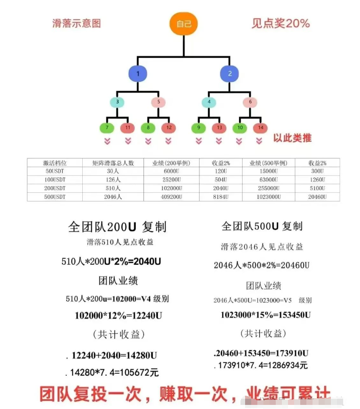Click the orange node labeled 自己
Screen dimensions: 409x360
coord(183,24)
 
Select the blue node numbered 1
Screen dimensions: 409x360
coord(137,74)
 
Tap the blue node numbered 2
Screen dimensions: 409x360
coord(230,74)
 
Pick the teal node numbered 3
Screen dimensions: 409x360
coord(117,102)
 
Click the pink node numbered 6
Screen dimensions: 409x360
coord(250,102)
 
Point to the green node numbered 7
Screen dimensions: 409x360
coord(107,127)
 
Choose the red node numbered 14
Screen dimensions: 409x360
coord(259,127)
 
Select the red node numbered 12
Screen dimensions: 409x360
coord(169,127)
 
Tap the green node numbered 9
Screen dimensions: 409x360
coord(199,127)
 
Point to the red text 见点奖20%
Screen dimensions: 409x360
coord(280,23)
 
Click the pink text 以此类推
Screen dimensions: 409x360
coord(292,138)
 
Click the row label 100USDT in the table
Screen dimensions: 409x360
coord(55,179)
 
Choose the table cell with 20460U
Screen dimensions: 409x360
coord(317,196)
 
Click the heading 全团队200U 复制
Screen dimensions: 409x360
coord(117,227)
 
